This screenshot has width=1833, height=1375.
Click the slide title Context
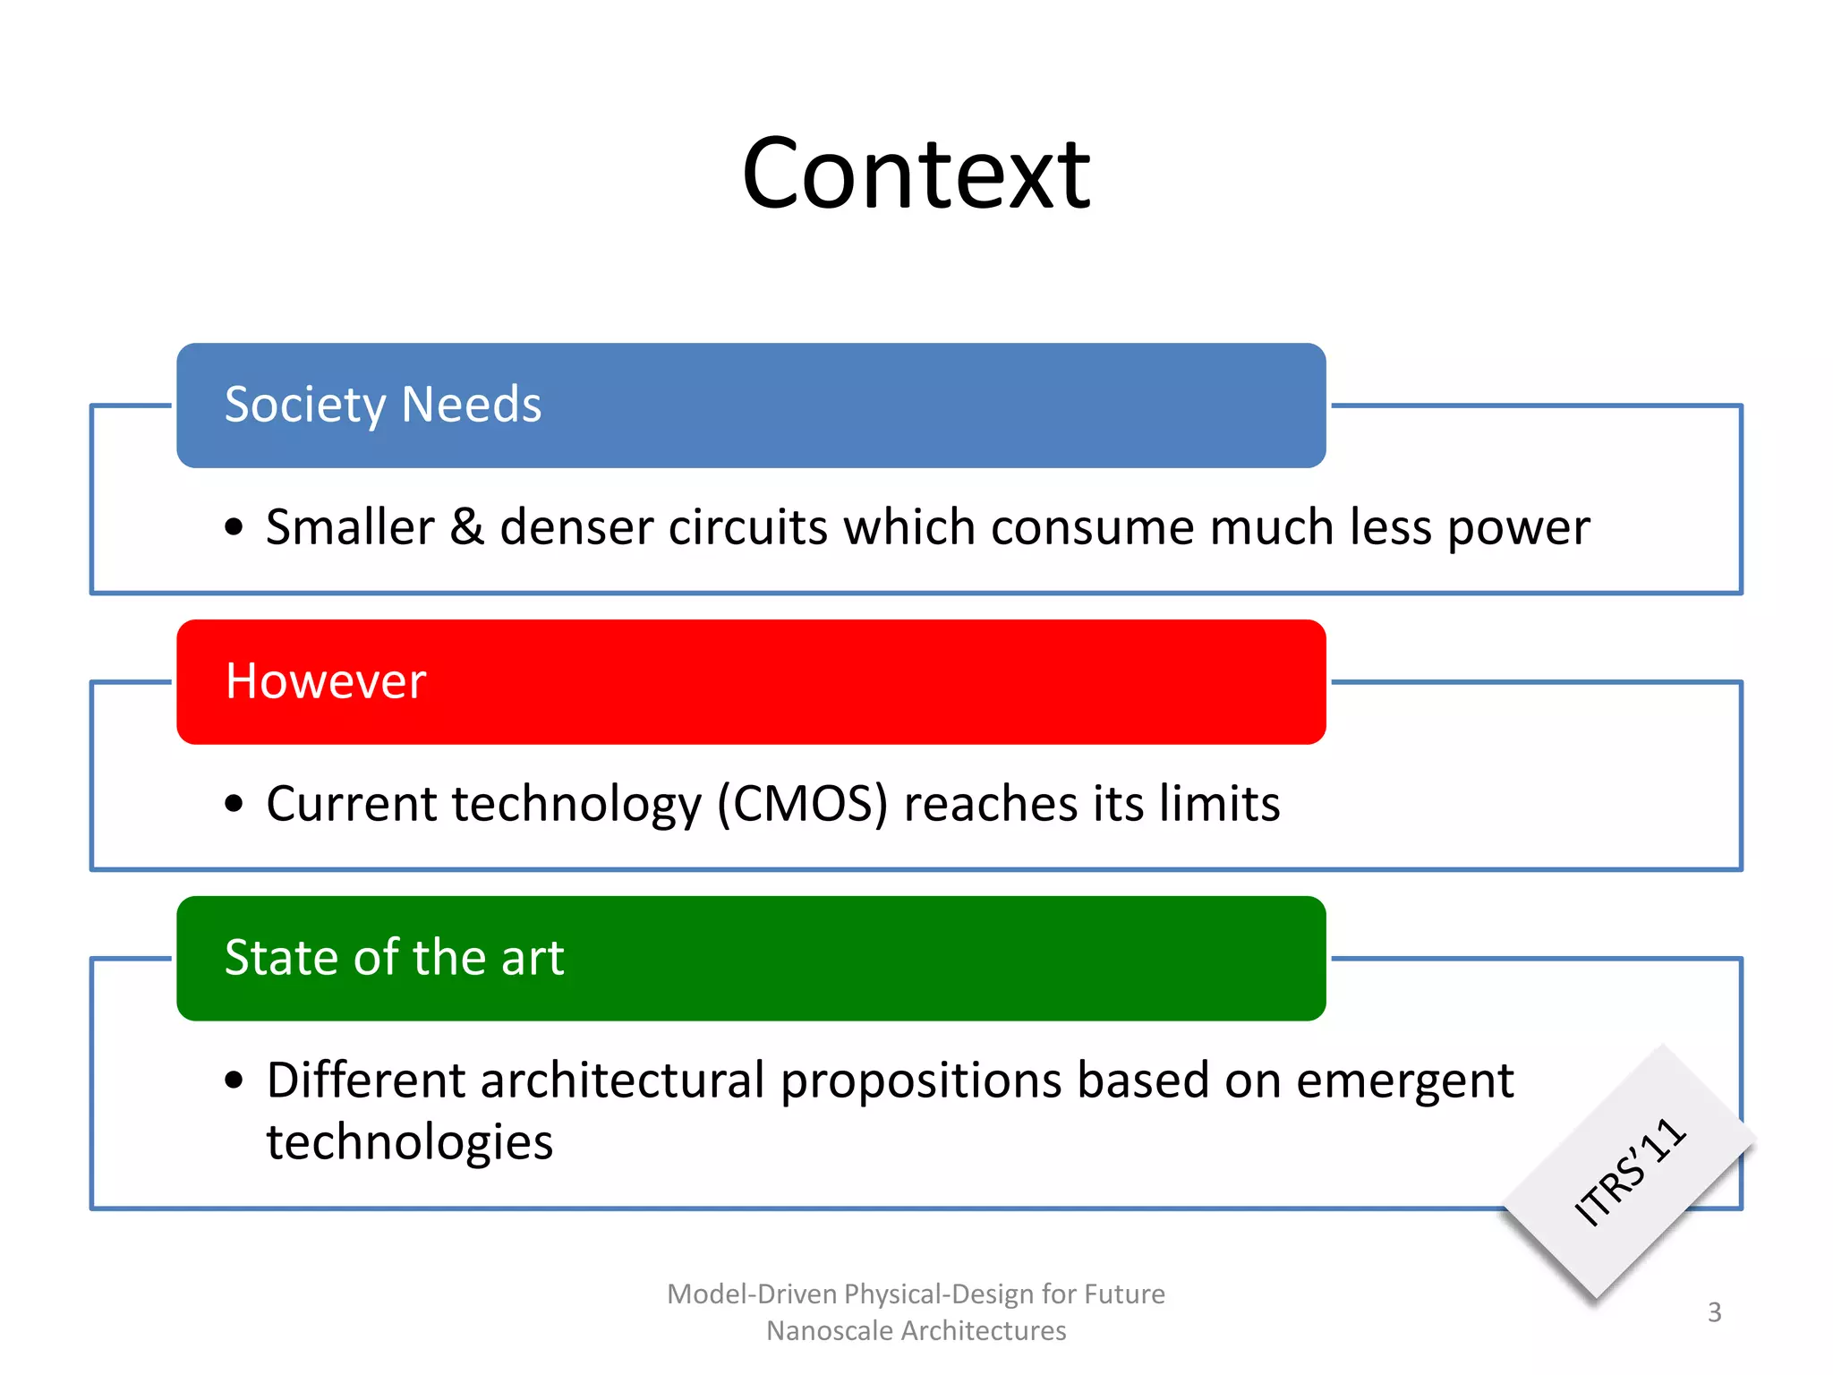[916, 175]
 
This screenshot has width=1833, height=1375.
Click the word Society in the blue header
[304, 405]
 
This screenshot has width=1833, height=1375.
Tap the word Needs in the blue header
[472, 405]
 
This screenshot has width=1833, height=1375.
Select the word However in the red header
[325, 681]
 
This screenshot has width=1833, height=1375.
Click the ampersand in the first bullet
[466, 526]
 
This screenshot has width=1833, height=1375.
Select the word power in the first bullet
[1518, 528]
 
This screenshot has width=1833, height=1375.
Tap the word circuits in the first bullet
[747, 526]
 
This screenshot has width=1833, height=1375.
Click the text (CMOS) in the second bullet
[802, 803]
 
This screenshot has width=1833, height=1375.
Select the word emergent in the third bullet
[1404, 1081]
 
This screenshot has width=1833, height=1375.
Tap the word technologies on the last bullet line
[409, 1142]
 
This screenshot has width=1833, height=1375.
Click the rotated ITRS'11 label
[1629, 1171]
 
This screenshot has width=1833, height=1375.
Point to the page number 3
[1714, 1312]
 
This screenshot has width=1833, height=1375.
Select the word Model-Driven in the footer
[752, 1294]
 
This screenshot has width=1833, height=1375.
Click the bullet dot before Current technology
[234, 803]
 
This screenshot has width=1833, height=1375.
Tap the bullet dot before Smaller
[234, 526]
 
